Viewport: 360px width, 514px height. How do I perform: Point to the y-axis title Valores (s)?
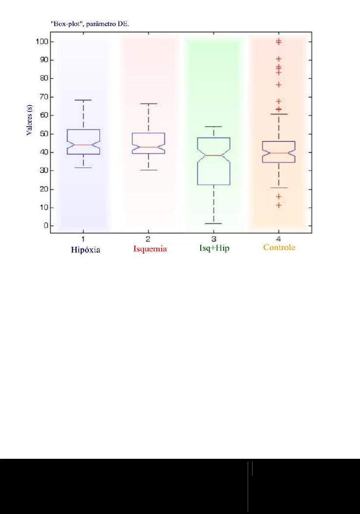(x=30, y=122)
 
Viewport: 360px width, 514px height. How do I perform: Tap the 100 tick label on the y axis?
(x=41, y=42)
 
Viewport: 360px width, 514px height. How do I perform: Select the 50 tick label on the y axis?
(x=42, y=134)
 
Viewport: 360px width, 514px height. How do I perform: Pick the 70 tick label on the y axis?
(x=42, y=97)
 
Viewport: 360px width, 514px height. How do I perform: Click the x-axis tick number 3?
(x=213, y=238)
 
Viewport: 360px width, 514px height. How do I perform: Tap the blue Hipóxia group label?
(x=85, y=249)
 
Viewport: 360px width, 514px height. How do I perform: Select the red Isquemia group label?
(x=150, y=249)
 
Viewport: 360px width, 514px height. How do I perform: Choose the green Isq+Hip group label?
(x=214, y=248)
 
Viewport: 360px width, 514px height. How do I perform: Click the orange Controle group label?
(x=279, y=248)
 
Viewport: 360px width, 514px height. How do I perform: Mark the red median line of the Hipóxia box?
(x=84, y=145)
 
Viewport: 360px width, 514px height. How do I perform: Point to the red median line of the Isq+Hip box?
(x=213, y=155)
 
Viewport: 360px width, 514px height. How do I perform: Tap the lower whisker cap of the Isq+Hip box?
(x=213, y=223)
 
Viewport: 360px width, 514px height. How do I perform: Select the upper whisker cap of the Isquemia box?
(x=148, y=104)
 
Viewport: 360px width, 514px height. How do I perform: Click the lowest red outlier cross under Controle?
(x=278, y=205)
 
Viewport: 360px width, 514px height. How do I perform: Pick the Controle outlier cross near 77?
(x=278, y=85)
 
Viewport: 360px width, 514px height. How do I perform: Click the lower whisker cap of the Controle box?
(x=278, y=188)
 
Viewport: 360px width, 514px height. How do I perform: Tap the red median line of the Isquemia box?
(x=148, y=147)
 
